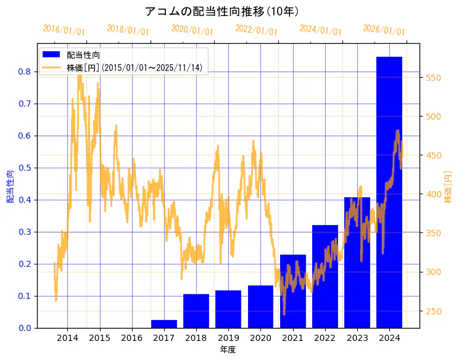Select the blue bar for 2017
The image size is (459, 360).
pos(164,324)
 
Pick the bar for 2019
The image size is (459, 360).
pos(228,309)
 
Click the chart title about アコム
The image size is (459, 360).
pos(222,12)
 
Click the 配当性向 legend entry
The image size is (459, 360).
pos(83,55)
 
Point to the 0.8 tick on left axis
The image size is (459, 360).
pos(25,72)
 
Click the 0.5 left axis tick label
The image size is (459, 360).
pos(25,168)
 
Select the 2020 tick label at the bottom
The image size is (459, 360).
pos(260,338)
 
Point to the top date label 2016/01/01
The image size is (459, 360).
pos(64,30)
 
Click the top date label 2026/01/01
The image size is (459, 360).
pos(384,30)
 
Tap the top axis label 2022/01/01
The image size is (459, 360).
pos(256,30)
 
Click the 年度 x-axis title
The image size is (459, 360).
pos(228,350)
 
